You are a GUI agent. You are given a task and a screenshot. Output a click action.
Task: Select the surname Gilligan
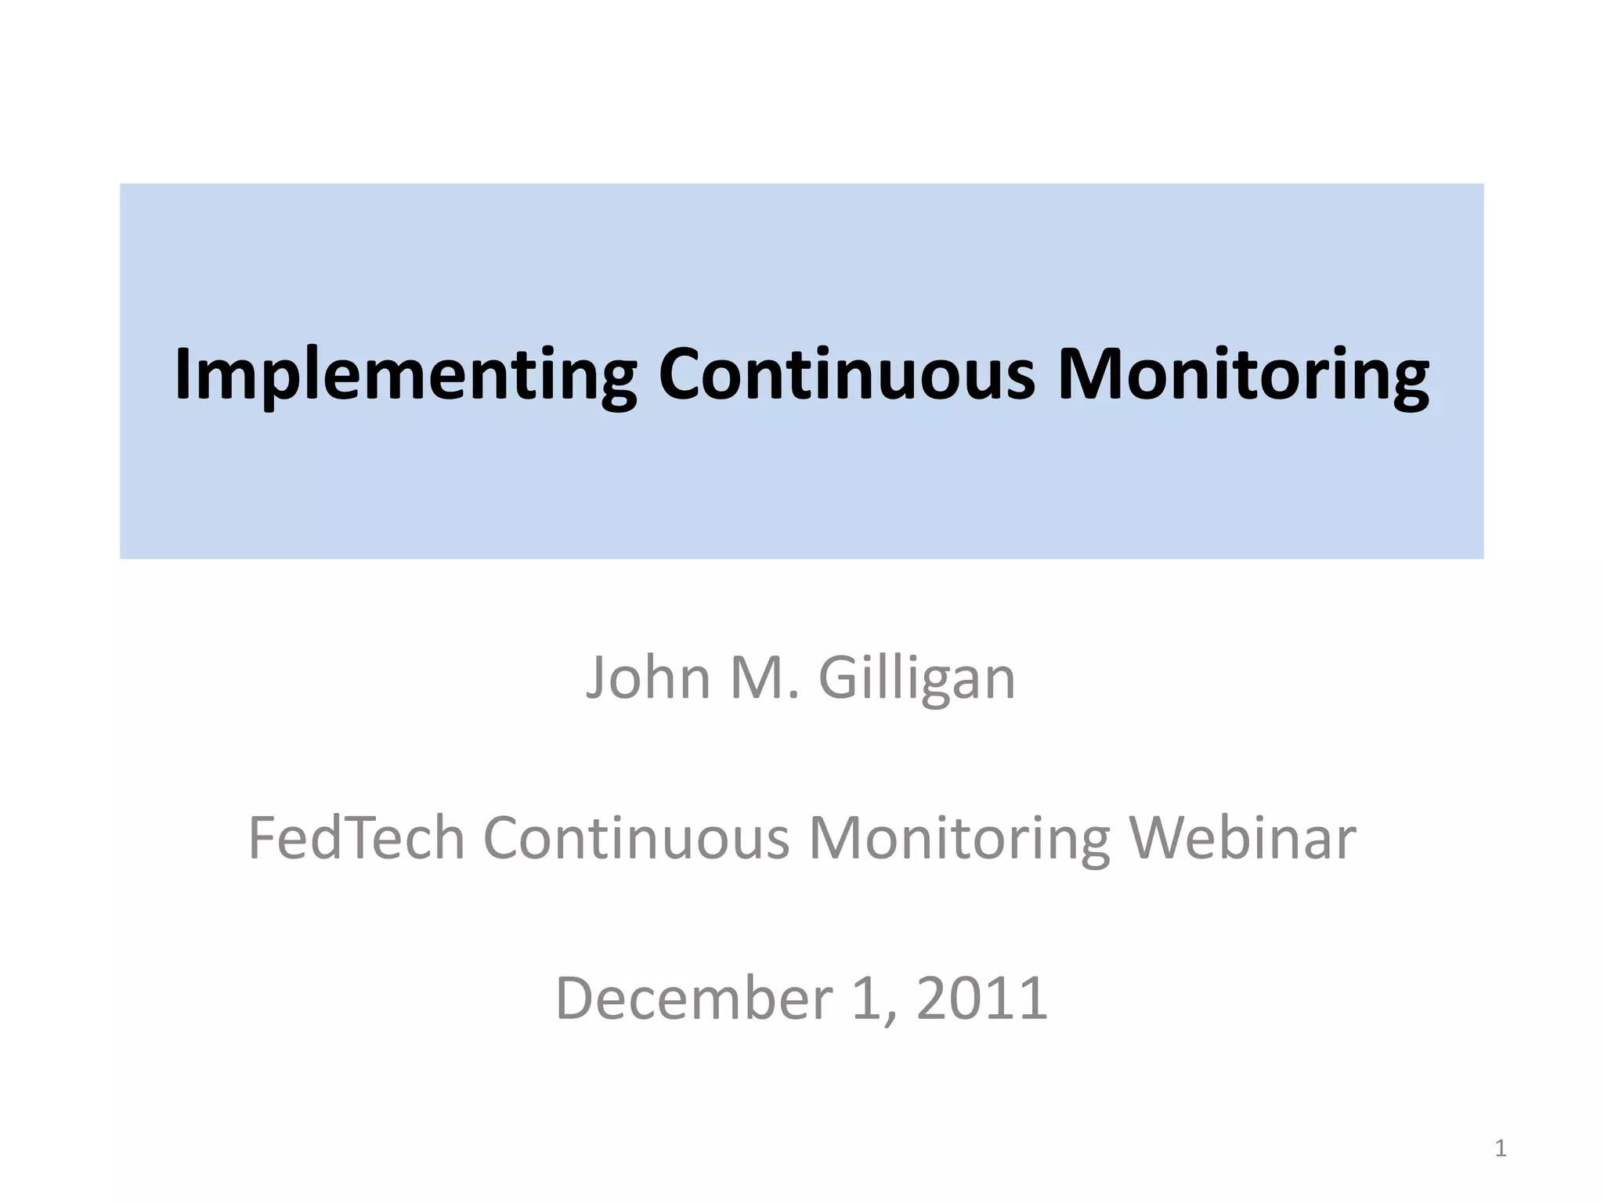tap(916, 679)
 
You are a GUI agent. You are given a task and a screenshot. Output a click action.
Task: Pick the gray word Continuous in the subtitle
tap(637, 838)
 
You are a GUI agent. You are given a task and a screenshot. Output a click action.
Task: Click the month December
tap(694, 999)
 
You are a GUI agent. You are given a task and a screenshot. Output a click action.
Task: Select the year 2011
tap(982, 999)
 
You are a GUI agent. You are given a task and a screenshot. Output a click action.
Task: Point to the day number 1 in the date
tap(865, 999)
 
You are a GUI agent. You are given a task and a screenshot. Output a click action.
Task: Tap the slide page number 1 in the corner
tap(1500, 1148)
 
